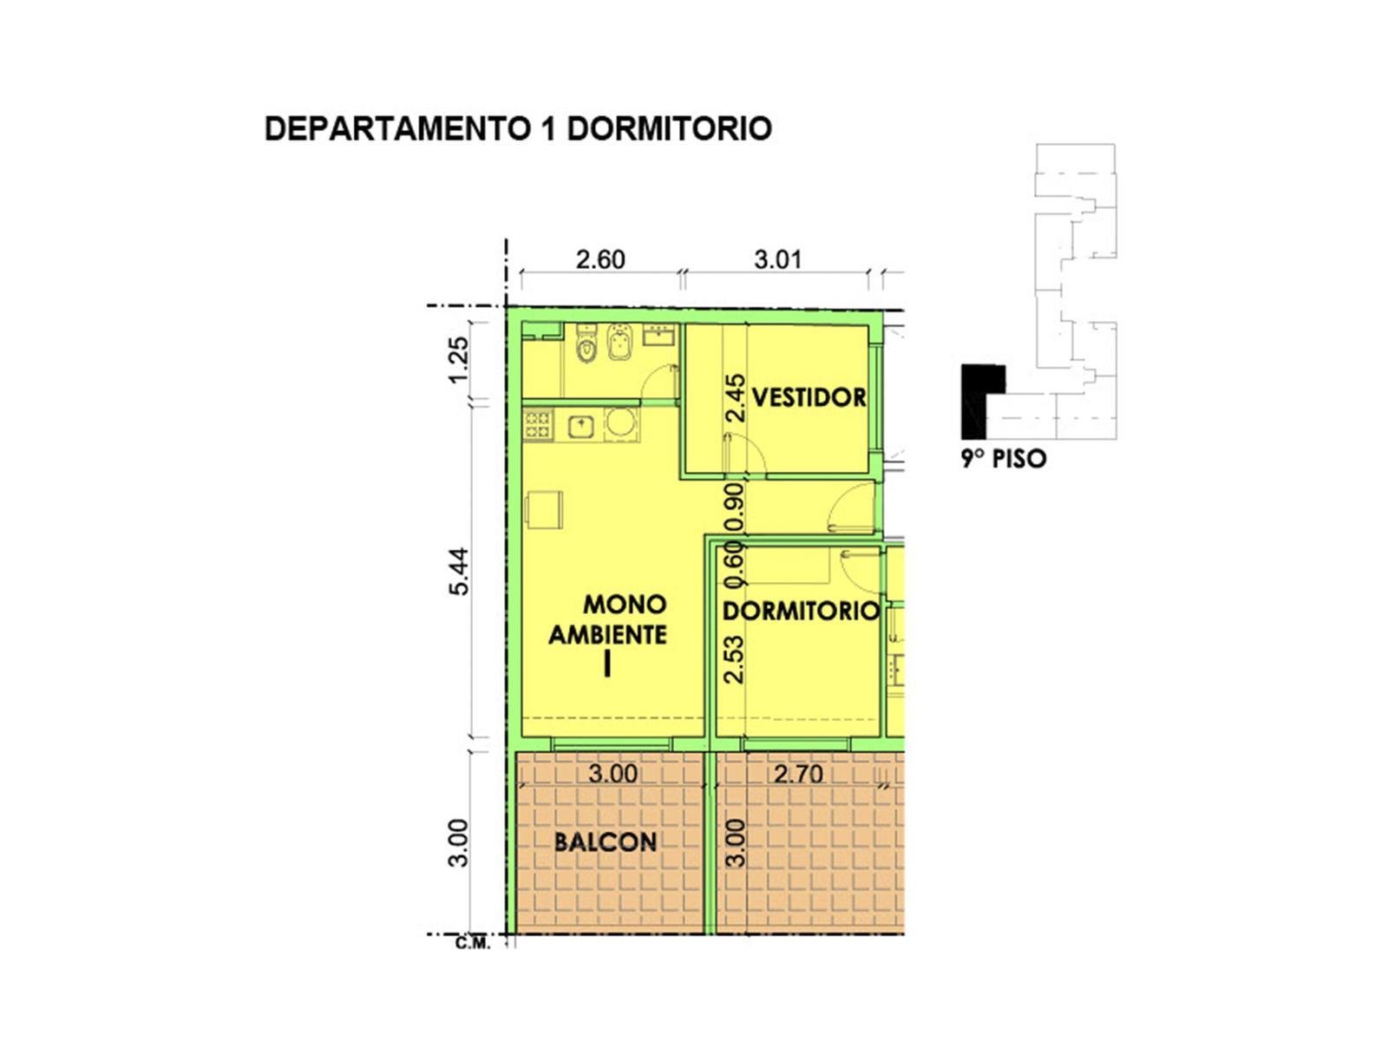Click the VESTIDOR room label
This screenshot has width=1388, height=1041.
tap(809, 397)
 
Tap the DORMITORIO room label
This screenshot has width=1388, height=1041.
tap(802, 612)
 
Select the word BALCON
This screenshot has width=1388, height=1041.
tap(606, 841)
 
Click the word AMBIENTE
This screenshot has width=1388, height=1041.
tap(608, 635)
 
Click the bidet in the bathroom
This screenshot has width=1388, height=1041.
tap(617, 346)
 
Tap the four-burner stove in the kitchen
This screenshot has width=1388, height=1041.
tap(538, 424)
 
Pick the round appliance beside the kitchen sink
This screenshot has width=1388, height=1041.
tap(619, 424)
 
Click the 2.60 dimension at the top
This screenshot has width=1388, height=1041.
tap(600, 259)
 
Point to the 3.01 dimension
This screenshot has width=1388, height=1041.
tap(778, 259)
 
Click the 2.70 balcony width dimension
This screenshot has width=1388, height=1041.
tap(798, 774)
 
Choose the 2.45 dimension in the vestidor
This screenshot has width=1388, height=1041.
tap(736, 398)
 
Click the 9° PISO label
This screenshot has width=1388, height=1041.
tap(1004, 458)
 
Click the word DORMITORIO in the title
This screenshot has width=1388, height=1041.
tap(669, 128)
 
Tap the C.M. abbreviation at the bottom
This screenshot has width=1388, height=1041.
tap(473, 945)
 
